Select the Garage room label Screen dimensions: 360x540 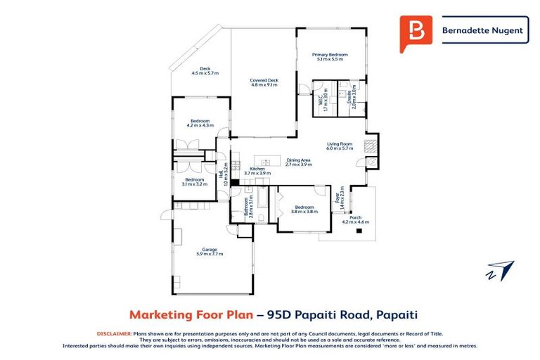(x=209, y=250)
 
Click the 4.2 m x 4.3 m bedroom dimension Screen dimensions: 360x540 (x=200, y=125)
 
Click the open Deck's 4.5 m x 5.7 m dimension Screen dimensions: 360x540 (x=205, y=73)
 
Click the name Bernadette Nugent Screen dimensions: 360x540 (x=485, y=31)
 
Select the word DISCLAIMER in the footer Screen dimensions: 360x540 (x=113, y=334)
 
